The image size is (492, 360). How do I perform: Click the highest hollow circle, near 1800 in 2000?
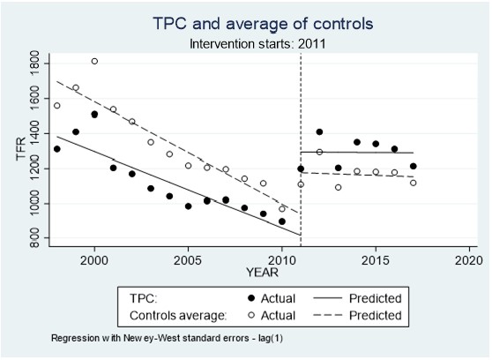coord(94,61)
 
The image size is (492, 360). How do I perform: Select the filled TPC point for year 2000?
coord(94,114)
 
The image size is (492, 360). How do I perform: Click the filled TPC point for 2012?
coord(319,132)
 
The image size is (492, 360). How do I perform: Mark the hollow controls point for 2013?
coord(338,187)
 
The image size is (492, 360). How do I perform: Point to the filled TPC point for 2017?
coord(413,166)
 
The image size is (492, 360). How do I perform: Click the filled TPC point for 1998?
coord(57,148)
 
